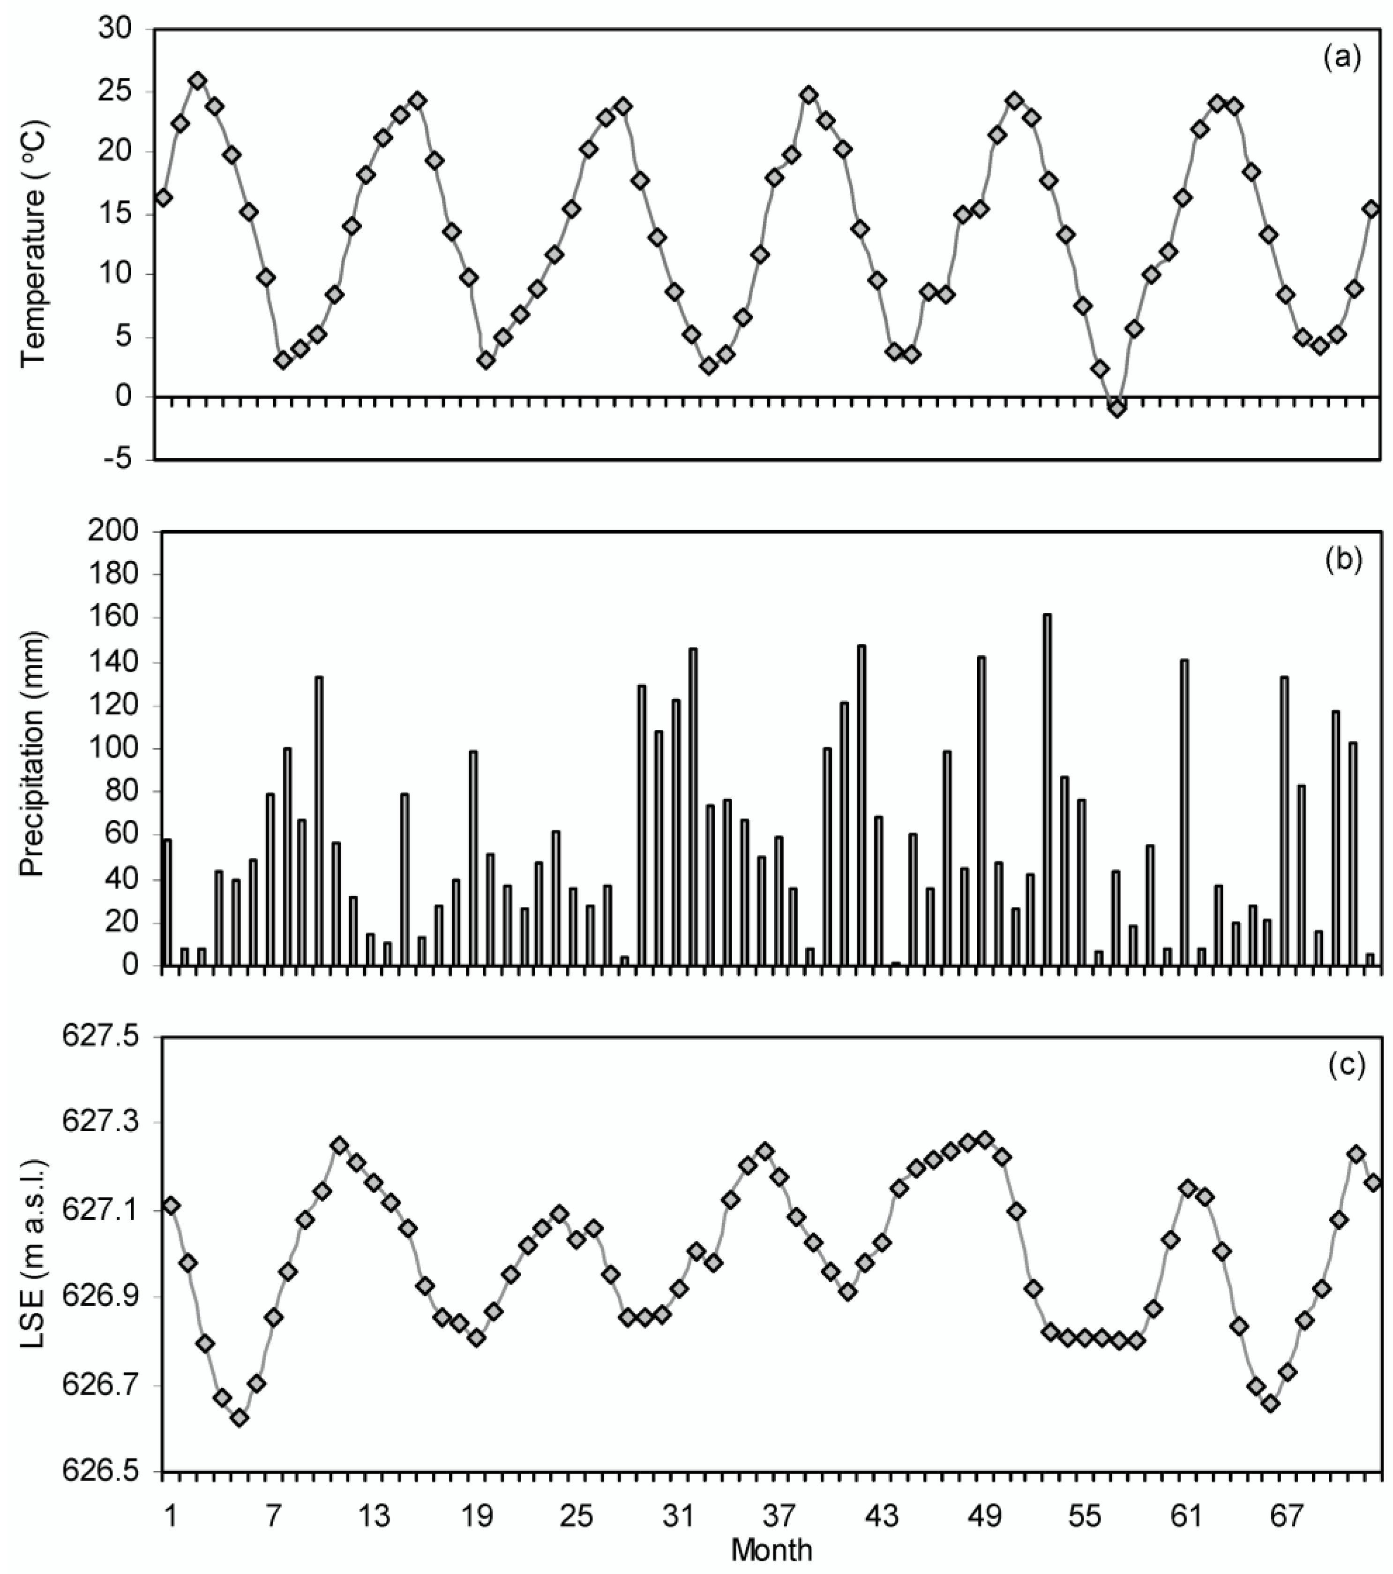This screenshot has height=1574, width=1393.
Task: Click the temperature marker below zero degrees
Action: click(1117, 408)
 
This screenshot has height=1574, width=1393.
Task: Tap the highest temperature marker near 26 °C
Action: click(198, 81)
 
